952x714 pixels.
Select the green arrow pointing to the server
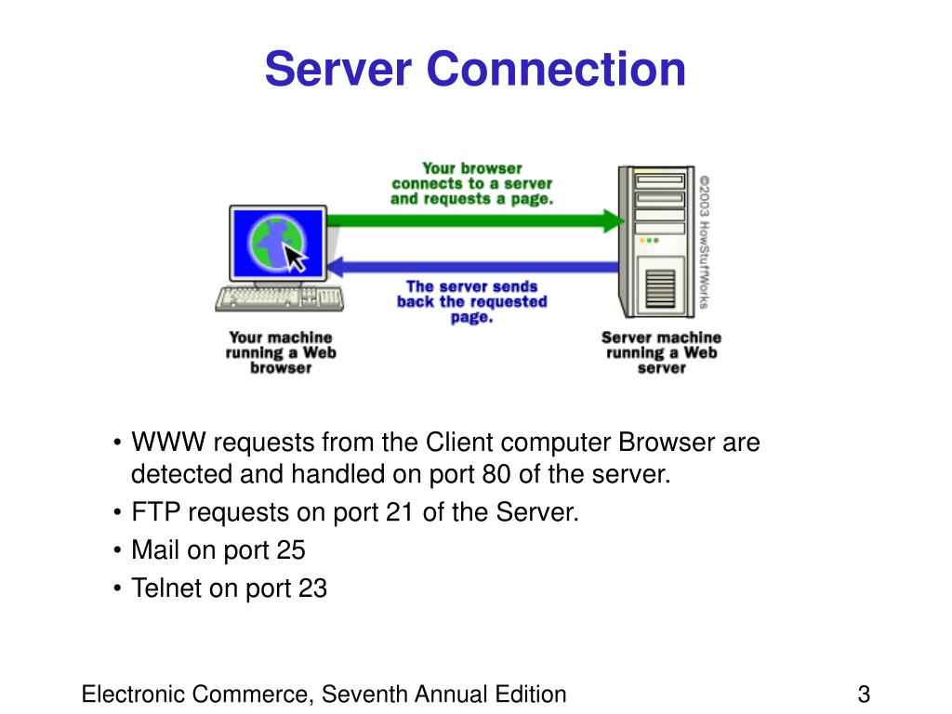474,221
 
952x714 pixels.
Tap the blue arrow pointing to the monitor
474,268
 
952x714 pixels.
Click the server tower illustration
655,242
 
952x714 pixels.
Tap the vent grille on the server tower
658,289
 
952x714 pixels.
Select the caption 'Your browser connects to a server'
471,183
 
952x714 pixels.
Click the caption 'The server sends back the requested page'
471,301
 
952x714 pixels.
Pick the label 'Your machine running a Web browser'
280,352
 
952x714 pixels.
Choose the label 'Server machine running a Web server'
661,352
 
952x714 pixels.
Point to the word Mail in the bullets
155,550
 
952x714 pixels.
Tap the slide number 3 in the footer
864,694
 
